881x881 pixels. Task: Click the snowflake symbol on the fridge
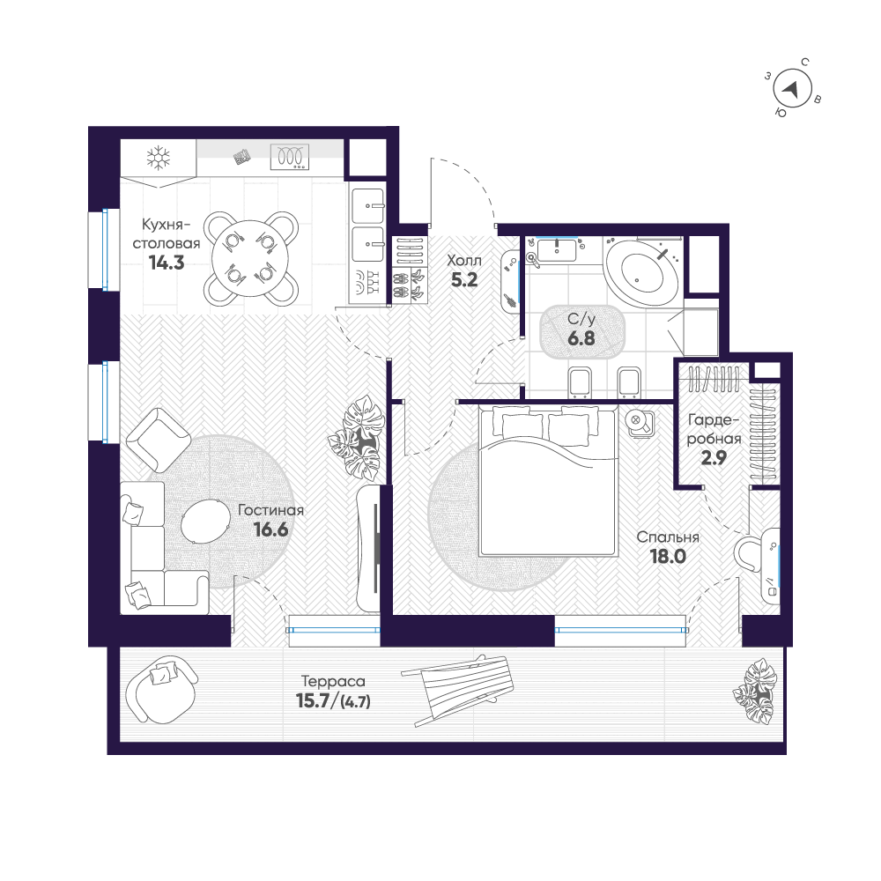159,158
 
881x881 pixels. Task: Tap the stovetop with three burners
290,157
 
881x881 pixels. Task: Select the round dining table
250,258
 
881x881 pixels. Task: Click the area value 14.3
167,263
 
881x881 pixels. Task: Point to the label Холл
464,260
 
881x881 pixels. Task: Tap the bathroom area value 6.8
581,339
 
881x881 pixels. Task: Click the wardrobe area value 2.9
714,458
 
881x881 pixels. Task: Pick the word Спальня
668,537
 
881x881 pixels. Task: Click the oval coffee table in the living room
205,521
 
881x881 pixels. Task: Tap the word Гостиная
270,510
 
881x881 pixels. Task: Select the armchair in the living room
158,440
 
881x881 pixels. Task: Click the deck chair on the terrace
464,690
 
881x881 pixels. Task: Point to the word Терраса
333,682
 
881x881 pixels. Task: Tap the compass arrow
791,89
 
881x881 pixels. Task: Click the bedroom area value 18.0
668,556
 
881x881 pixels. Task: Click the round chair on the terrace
161,689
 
